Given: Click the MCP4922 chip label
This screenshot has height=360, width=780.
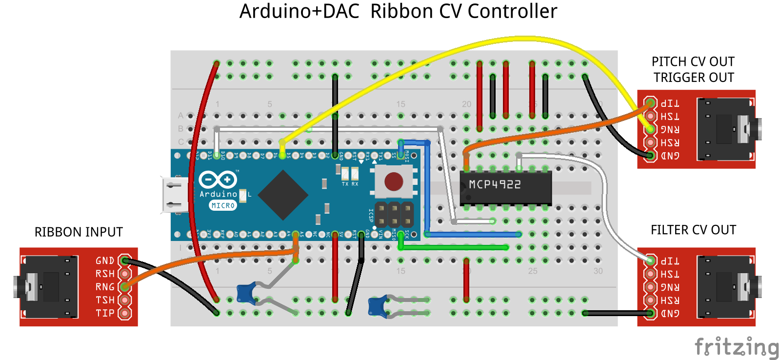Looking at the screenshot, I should [495, 184].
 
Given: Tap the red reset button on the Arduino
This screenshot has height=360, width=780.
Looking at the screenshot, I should [394, 181].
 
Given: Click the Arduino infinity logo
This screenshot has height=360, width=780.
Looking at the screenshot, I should [218, 180].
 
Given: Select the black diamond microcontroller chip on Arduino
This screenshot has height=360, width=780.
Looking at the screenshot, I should [283, 195].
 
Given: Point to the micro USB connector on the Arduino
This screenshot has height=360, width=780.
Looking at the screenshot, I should [175, 195].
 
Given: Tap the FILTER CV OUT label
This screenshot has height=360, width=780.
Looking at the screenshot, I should [693, 230].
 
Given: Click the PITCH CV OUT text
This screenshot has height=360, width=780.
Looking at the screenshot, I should [693, 62].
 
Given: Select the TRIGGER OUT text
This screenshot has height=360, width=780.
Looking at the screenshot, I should [694, 78].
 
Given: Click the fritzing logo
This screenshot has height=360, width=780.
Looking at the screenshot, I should [736, 347].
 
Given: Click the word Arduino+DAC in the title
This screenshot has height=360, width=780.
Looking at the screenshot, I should [299, 12].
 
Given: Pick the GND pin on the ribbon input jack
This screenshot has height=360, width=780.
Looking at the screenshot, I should [125, 260].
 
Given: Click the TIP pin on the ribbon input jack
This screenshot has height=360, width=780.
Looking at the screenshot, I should [125, 313].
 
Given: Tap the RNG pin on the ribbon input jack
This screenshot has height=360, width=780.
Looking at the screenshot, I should [125, 287].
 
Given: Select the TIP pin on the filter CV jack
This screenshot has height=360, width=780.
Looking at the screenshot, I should [650, 260].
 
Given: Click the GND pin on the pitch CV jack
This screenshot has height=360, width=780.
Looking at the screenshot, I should [650, 156].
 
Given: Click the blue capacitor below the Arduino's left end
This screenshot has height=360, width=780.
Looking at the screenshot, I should [246, 294].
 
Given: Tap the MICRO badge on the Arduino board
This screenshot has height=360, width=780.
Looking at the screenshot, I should [223, 206].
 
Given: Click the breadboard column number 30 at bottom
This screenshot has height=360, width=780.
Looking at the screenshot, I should [598, 271].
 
